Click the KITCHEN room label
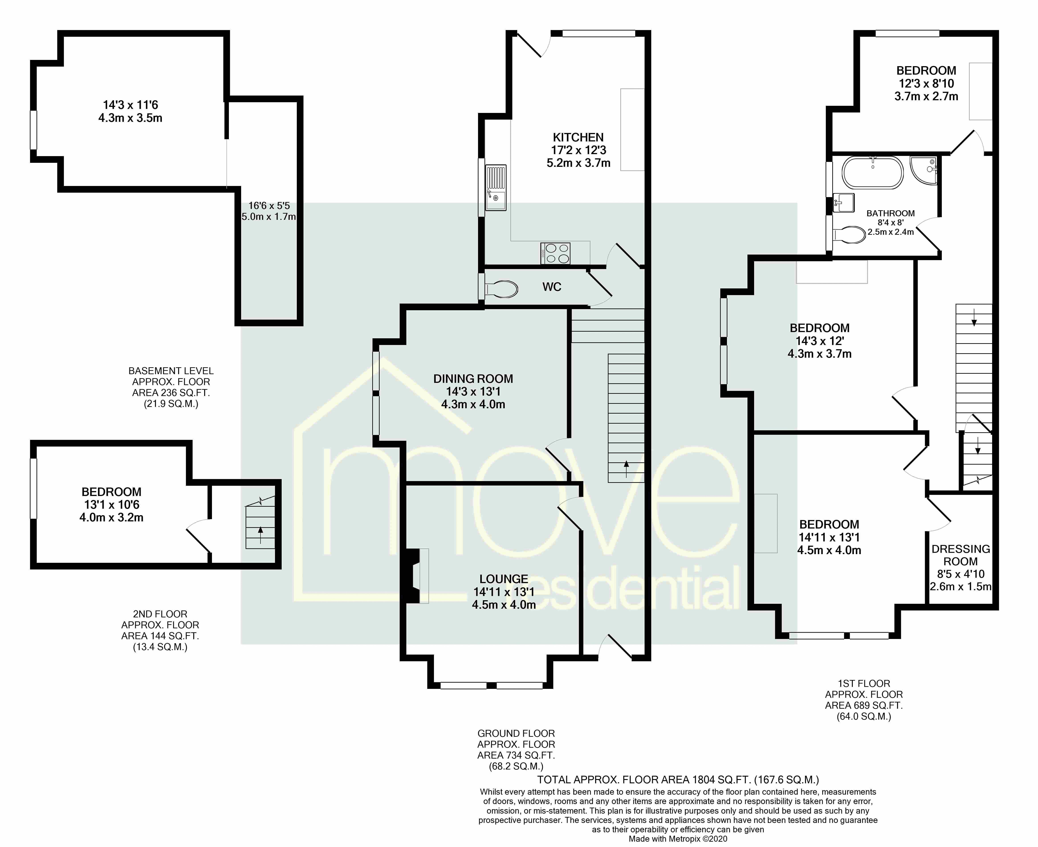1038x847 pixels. pyautogui.click(x=578, y=138)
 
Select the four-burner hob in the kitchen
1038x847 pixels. pyautogui.click(x=555, y=253)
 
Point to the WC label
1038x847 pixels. pyautogui.click(x=552, y=287)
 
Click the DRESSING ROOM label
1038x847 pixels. pyautogui.click(x=961, y=555)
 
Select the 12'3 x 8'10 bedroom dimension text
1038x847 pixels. pyautogui.click(x=926, y=84)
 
